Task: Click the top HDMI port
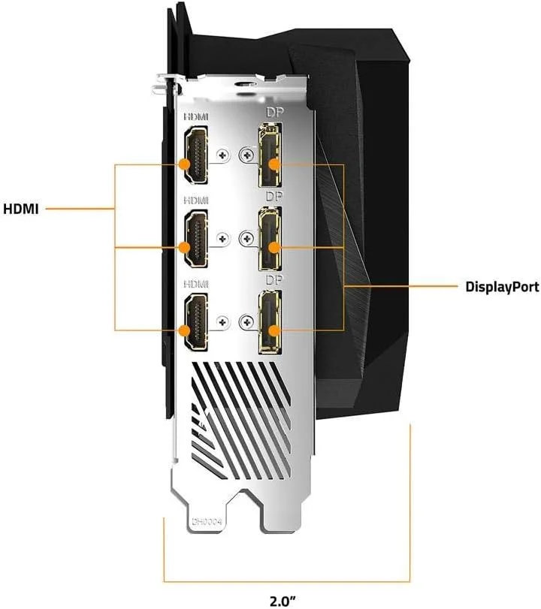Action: (x=195, y=155)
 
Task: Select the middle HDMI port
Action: (x=195, y=239)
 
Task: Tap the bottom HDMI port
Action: (x=195, y=322)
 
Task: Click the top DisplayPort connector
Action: (x=270, y=155)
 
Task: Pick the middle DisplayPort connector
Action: (x=270, y=239)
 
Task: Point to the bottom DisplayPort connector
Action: (x=270, y=322)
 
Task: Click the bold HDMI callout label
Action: (x=21, y=209)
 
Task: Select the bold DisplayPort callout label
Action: (x=502, y=287)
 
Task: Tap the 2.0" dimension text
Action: (x=283, y=601)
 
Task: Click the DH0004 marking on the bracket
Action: (x=207, y=522)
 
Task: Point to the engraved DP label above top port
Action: (x=274, y=113)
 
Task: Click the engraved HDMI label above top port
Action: (x=196, y=116)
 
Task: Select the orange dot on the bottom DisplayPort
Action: (x=274, y=331)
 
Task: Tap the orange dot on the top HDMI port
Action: (x=185, y=164)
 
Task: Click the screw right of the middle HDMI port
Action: (x=222, y=239)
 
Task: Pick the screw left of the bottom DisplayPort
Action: (x=246, y=322)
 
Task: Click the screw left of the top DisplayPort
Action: (x=246, y=155)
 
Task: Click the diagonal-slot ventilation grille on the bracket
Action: (x=241, y=421)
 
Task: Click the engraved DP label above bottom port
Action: (x=274, y=280)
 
